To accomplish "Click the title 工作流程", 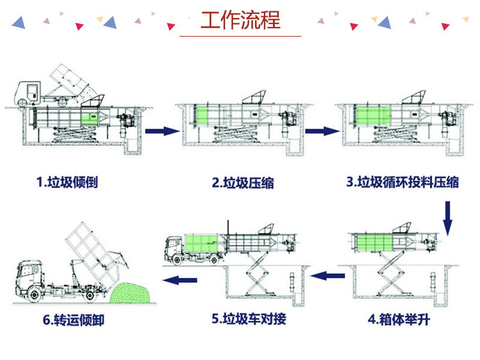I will coord(241,20).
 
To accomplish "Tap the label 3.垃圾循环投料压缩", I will coord(403,181).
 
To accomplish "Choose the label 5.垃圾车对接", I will coord(248,319).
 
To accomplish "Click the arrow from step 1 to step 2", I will coord(162,130).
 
